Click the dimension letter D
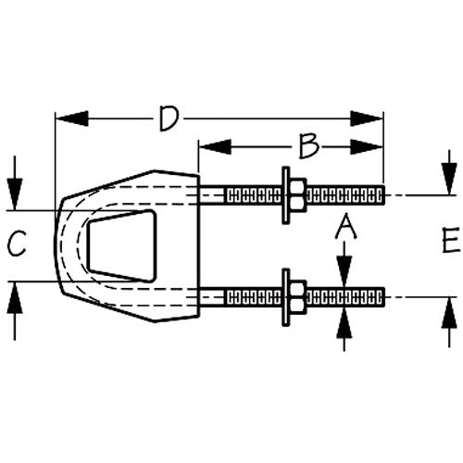point(169,119)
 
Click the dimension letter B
point(308,146)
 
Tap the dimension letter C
point(17,244)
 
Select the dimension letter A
point(345,226)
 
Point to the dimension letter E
point(451,240)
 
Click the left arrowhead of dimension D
point(72,119)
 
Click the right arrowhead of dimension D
point(367,119)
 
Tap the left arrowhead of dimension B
point(215,146)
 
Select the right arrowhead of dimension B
point(367,146)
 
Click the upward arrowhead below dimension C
point(15,298)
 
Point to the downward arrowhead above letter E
point(449,179)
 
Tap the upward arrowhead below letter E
point(449,313)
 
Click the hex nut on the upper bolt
point(298,195)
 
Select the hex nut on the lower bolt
point(298,297)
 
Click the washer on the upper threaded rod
point(286,195)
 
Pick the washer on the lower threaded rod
point(286,297)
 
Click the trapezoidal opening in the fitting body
point(122,246)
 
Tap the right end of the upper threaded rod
point(384,195)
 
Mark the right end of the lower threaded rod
point(384,297)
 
